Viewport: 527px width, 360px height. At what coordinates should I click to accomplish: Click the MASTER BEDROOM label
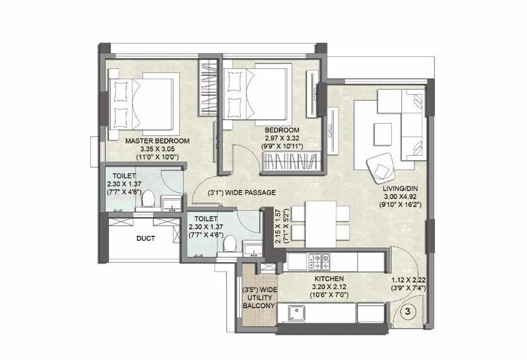(x=157, y=140)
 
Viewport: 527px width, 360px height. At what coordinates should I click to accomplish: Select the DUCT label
(x=146, y=239)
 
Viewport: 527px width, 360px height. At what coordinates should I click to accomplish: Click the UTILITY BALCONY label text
(x=259, y=298)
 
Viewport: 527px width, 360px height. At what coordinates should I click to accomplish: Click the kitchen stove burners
(x=319, y=261)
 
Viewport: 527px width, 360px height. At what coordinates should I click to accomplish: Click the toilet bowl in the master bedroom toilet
(x=147, y=199)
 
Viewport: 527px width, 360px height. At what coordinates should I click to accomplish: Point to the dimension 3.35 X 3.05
(x=157, y=149)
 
